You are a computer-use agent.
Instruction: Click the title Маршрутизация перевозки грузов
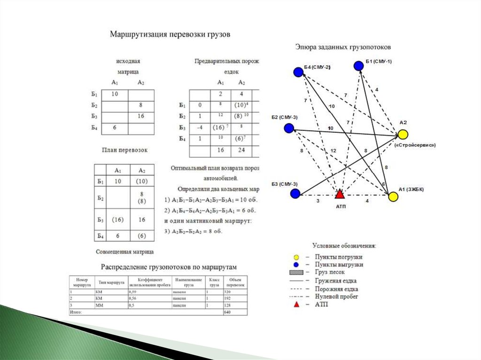click(x=170, y=35)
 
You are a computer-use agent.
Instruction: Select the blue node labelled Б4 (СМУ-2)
click(x=297, y=72)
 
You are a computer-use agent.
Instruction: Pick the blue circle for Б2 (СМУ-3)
click(x=289, y=128)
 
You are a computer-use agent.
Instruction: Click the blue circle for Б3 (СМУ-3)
click(x=295, y=193)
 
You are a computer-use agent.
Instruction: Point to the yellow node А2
click(x=403, y=135)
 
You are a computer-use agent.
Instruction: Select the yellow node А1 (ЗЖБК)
click(x=393, y=196)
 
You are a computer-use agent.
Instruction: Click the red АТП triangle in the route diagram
click(x=340, y=193)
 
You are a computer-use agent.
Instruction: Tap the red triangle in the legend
click(x=296, y=305)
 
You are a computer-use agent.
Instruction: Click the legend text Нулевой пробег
click(x=336, y=297)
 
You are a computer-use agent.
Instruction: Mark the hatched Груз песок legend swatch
click(x=296, y=273)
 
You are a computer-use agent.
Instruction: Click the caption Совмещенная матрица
click(x=124, y=252)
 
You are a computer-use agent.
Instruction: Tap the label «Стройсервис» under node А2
click(x=415, y=146)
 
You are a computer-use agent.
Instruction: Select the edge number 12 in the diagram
click(x=334, y=151)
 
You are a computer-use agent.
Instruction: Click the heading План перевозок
click(x=124, y=150)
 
